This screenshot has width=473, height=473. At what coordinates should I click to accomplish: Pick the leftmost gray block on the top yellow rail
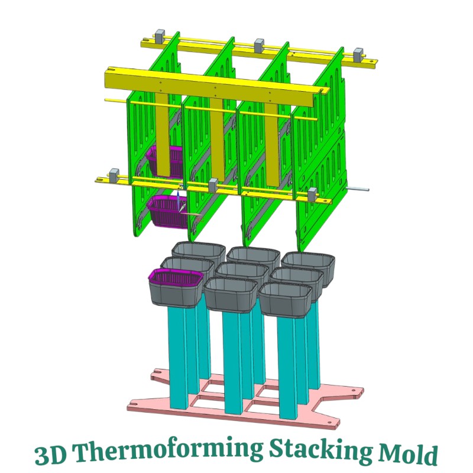pos(160,35)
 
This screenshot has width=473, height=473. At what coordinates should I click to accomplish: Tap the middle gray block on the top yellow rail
pos(259,45)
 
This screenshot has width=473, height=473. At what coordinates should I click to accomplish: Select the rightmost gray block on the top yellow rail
pos(359,54)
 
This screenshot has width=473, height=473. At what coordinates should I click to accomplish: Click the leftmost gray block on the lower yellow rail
pos(114,175)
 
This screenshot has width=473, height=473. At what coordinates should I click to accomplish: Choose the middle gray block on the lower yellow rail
pos(213,184)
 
